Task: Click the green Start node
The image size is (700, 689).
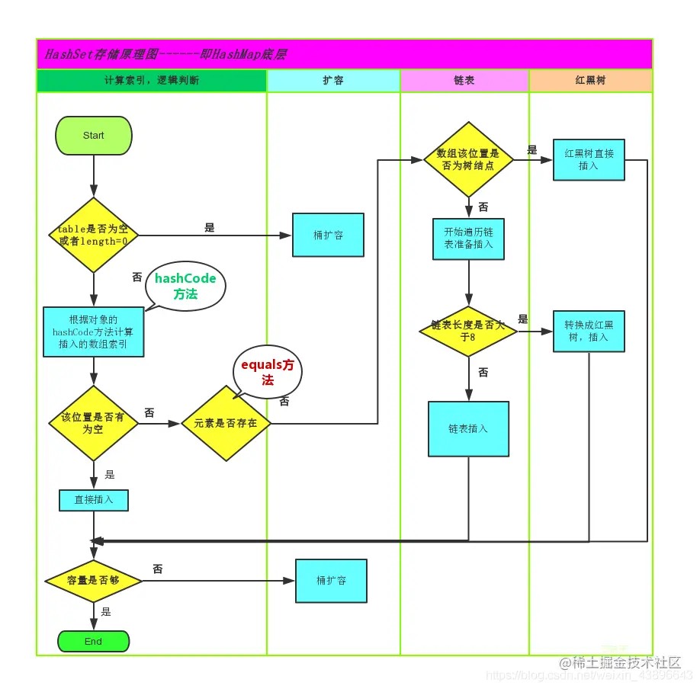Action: (94, 136)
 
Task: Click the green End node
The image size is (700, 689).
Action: (94, 642)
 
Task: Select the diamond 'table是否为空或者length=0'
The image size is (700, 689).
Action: (93, 235)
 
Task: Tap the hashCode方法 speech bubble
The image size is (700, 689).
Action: (185, 285)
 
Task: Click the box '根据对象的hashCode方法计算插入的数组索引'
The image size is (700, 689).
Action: (94, 332)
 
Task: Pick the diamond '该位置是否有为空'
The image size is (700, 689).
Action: (93, 423)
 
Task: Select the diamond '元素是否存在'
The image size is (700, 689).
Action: (226, 423)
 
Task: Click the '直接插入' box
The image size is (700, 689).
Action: (94, 500)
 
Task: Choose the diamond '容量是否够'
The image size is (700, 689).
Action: (93, 581)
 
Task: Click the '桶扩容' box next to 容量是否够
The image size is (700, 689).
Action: (331, 581)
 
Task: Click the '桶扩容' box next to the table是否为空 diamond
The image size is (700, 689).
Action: (328, 235)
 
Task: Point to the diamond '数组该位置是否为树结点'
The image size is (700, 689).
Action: (468, 159)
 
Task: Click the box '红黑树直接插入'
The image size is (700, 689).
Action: (589, 159)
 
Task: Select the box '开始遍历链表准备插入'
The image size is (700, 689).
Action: (468, 239)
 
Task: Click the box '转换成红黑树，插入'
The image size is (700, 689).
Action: (589, 331)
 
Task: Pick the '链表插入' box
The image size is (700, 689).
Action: (468, 429)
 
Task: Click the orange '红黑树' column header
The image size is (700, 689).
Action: (590, 80)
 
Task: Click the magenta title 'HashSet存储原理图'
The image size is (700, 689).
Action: (165, 54)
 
